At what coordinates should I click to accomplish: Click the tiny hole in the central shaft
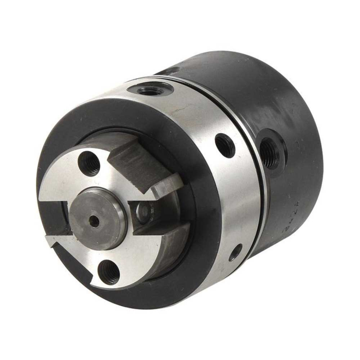pos(94,220)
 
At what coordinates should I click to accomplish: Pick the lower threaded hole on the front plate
pos(109,271)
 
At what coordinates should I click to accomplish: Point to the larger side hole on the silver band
pos(225,146)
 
